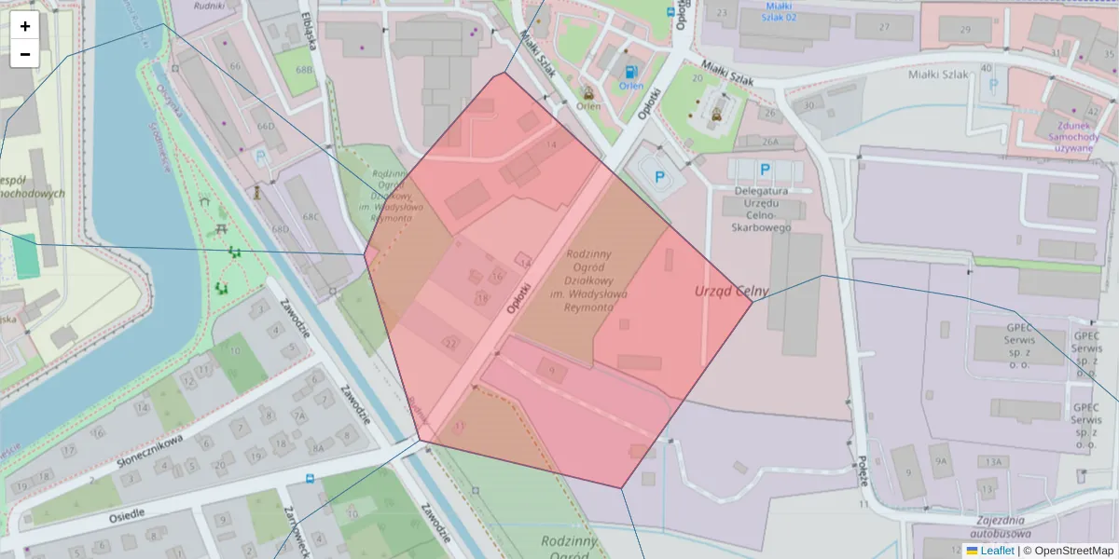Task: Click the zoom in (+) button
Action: click(24, 26)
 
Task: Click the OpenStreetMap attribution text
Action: click(1074, 550)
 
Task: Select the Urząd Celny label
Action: click(725, 291)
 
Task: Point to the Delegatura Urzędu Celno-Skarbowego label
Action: click(762, 209)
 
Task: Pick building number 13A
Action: click(994, 461)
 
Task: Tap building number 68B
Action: click(304, 70)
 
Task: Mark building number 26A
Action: click(769, 142)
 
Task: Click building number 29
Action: click(965, 30)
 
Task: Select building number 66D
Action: click(266, 126)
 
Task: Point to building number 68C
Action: click(311, 217)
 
